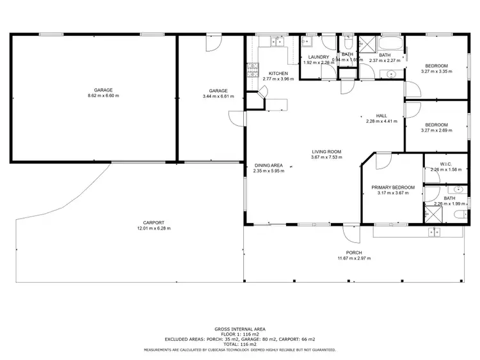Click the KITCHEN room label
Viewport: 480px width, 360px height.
click(x=278, y=73)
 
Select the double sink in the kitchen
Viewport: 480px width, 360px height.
click(x=277, y=42)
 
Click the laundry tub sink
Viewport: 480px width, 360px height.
click(x=307, y=43)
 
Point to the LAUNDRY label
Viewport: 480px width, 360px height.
click(x=319, y=56)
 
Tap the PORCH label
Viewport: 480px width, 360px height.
click(x=354, y=253)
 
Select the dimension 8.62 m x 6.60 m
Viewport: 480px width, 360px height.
click(x=103, y=96)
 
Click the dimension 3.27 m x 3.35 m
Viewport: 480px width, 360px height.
click(x=436, y=72)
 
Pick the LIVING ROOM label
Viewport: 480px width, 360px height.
click(x=326, y=152)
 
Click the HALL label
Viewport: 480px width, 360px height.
click(x=381, y=116)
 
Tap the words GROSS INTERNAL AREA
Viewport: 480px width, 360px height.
click(x=240, y=329)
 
